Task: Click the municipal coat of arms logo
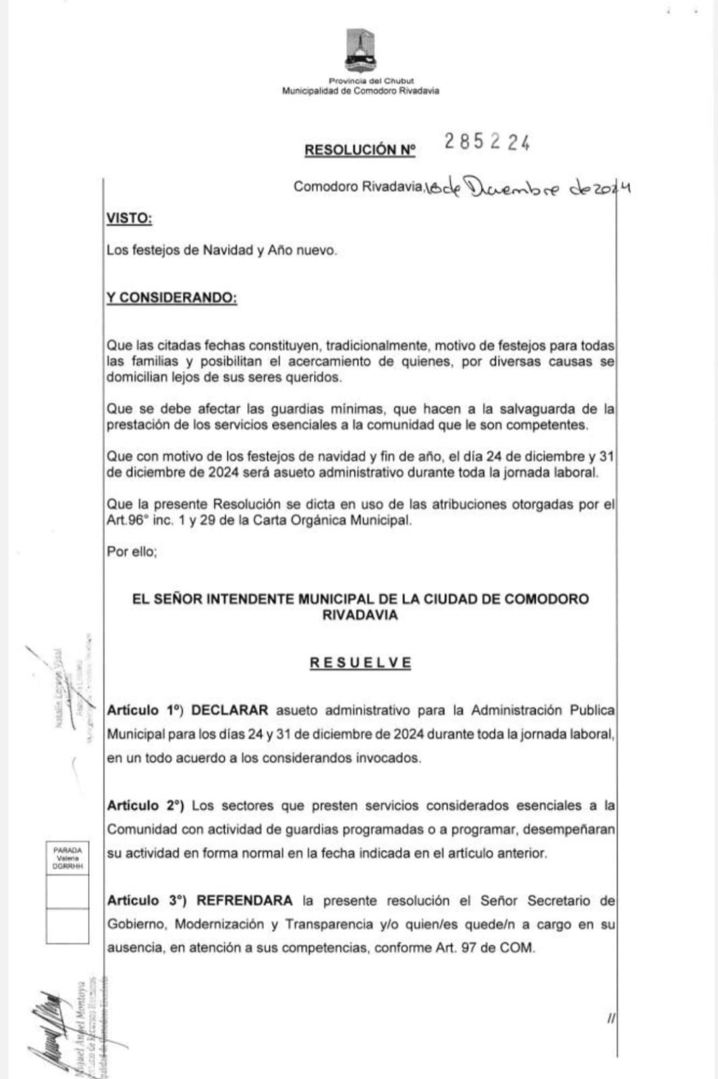pos(360,51)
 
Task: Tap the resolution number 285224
pos(487,142)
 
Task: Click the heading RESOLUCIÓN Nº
pos(360,150)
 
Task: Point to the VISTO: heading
pos(129,218)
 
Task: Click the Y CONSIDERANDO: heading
pos(171,298)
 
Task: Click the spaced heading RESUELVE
pos(360,662)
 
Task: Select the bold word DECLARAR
pos(229,710)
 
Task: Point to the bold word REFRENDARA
pos(244,900)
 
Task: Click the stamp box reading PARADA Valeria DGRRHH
pos(67,858)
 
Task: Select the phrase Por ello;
pos(132,552)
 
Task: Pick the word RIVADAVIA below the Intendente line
pos(360,615)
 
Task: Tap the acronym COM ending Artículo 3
pos(517,947)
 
